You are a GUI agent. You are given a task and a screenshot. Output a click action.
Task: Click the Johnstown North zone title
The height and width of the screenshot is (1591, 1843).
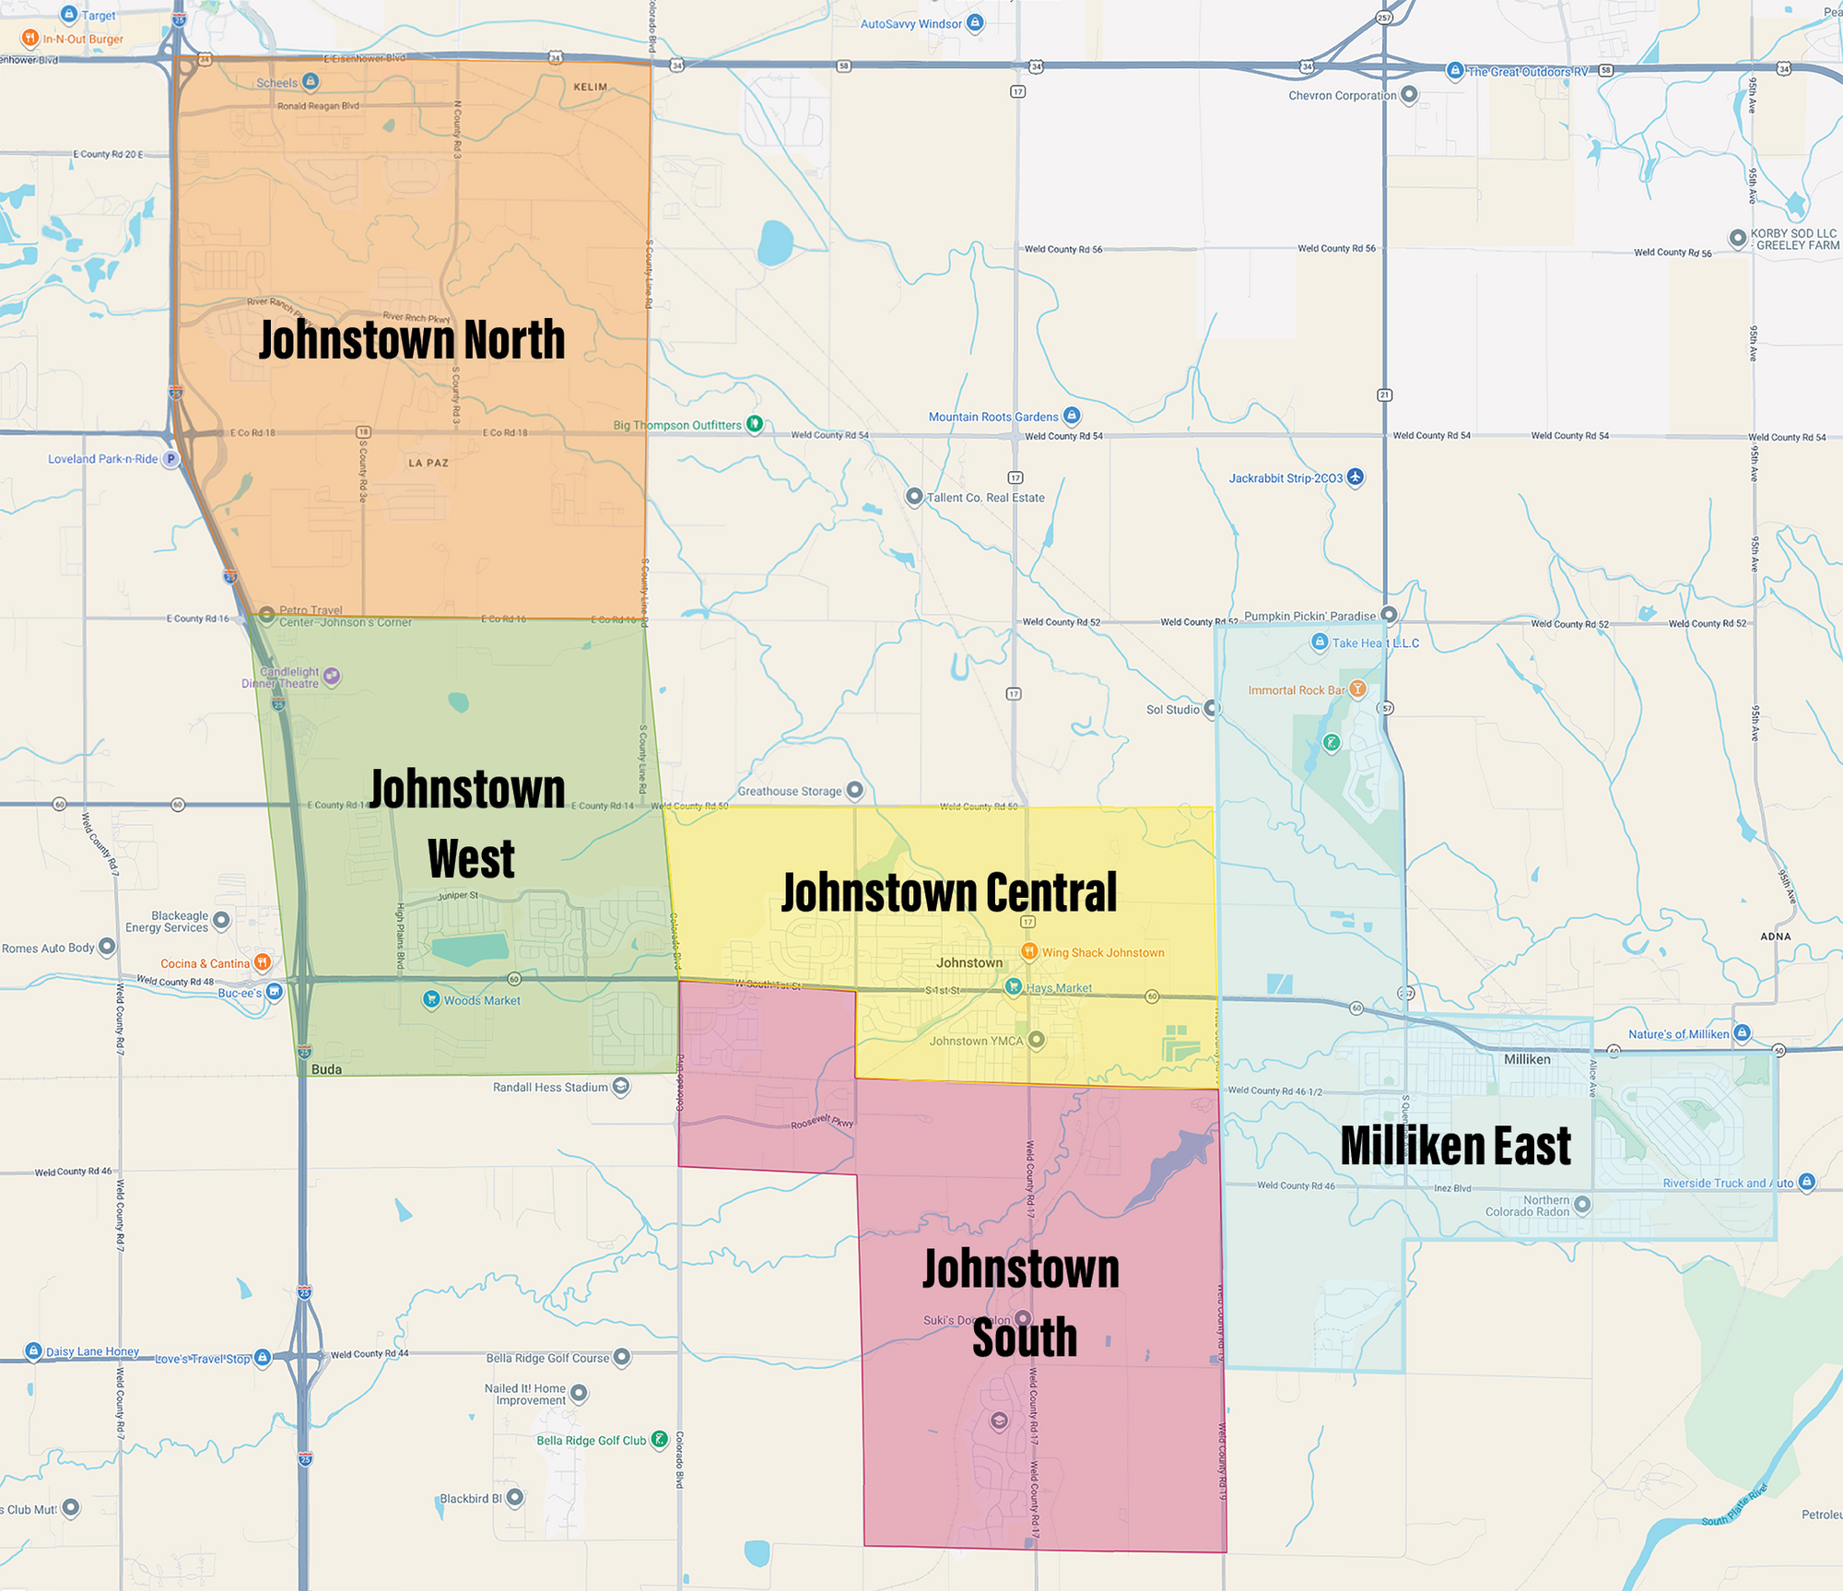412,340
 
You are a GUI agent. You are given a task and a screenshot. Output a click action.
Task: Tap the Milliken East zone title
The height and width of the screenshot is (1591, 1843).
1455,1146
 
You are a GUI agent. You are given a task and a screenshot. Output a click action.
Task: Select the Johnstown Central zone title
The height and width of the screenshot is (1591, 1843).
949,892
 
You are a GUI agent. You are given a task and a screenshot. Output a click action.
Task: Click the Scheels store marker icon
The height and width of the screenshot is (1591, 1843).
311,82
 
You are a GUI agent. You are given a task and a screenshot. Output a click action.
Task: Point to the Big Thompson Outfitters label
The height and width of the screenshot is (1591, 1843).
677,425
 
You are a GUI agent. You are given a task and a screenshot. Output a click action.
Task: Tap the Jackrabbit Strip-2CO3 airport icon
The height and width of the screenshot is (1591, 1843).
1355,477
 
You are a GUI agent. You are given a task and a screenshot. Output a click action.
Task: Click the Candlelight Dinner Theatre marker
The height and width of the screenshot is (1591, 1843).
333,677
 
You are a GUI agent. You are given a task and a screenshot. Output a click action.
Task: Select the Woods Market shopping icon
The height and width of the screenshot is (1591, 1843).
431,999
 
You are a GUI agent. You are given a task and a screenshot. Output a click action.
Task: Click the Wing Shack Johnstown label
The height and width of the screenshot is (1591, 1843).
1103,952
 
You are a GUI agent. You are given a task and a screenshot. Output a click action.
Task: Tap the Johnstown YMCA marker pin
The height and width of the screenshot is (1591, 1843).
1037,1040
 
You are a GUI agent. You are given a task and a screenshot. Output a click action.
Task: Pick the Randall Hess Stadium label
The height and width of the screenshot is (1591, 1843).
550,1087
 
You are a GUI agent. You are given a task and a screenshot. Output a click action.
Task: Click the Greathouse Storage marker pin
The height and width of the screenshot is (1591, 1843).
855,790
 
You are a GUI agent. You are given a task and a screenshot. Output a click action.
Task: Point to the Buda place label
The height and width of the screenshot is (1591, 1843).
326,1069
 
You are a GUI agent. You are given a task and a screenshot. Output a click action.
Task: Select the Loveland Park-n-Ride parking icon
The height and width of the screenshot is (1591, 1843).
170,458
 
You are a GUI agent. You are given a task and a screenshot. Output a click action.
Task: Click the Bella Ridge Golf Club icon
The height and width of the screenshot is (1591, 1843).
659,1439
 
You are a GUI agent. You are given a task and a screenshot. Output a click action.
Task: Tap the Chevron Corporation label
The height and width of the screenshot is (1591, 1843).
1342,95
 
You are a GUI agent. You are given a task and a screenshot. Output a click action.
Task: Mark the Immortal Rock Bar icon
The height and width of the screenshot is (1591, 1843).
1357,689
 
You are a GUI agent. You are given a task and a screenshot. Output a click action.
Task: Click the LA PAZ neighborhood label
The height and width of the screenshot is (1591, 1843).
428,463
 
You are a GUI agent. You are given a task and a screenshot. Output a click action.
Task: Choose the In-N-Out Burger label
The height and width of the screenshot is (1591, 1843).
83,39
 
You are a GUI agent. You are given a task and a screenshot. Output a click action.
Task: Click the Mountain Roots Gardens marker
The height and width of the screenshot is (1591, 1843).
1071,416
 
